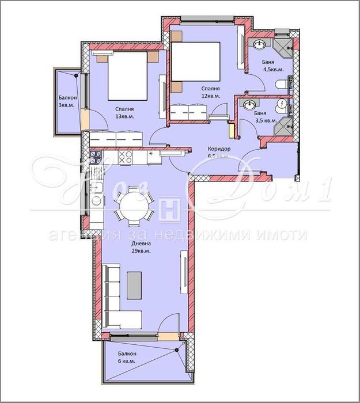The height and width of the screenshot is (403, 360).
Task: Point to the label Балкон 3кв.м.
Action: [67, 101]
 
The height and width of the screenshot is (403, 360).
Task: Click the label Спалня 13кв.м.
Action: [124, 112]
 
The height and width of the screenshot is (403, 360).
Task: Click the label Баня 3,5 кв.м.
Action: [266, 117]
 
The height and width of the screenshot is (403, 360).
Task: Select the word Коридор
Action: [219, 149]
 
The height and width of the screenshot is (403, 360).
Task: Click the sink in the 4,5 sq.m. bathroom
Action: [259, 44]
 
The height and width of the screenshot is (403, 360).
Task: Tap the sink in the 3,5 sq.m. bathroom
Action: [249, 105]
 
